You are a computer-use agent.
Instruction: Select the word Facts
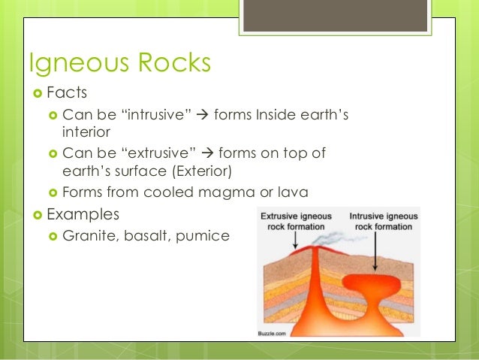67,93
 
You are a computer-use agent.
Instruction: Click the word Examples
82,214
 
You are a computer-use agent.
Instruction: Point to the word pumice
203,237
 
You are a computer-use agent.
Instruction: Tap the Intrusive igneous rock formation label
383,221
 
